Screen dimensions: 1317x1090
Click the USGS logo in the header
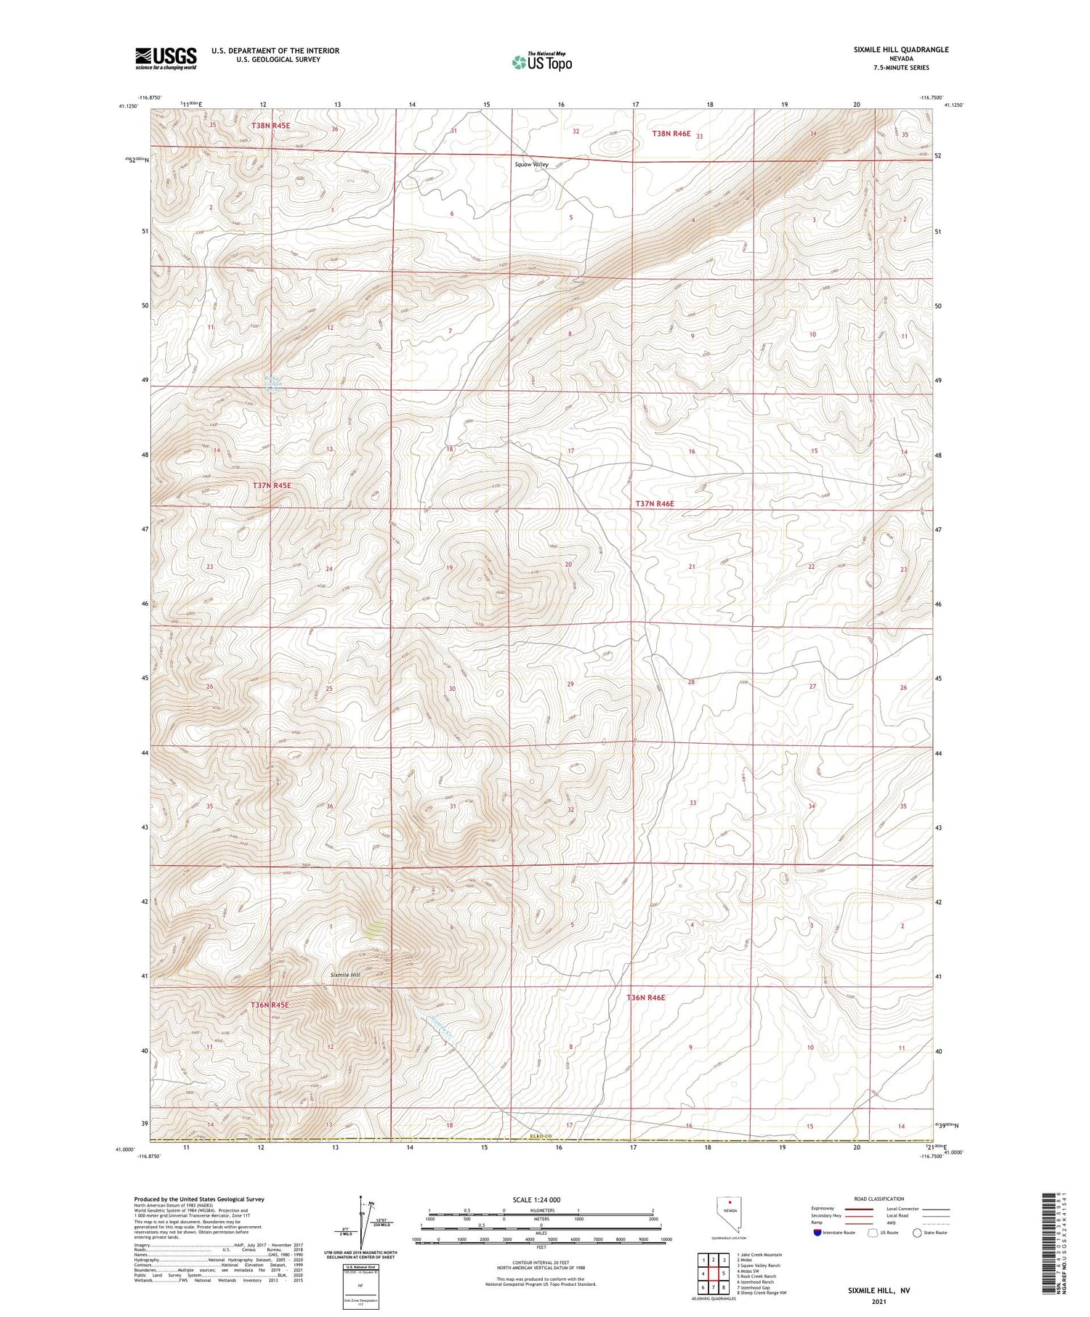tap(166, 58)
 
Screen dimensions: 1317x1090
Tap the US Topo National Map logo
tap(541, 62)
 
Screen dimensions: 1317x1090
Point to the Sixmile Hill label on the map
tap(345, 974)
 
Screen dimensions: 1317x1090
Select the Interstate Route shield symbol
tap(817, 1233)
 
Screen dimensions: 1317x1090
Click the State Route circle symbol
tap(918, 1233)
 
